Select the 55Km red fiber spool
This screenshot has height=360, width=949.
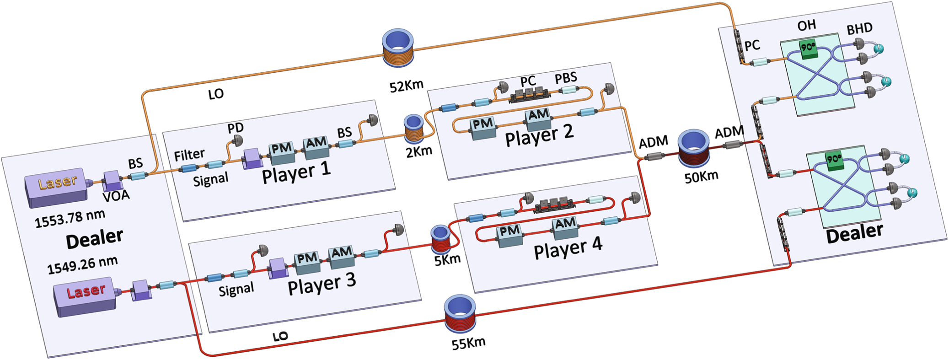tap(460, 314)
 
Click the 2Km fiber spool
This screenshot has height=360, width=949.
tap(414, 128)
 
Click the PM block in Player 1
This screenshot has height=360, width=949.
tap(282, 153)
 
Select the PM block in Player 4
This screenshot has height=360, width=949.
tap(509, 235)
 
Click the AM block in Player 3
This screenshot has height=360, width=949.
tap(341, 256)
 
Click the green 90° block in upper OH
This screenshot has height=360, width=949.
tap(808, 49)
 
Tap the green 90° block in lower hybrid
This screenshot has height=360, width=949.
tap(834, 161)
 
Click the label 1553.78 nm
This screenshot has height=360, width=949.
tap(70, 218)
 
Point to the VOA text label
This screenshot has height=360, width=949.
tap(116, 196)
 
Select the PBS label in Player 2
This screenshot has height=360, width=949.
tap(566, 78)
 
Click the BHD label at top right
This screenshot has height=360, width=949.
tap(859, 29)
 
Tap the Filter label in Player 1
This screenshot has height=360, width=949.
tap(189, 155)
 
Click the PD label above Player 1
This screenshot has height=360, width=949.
tap(236, 128)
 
